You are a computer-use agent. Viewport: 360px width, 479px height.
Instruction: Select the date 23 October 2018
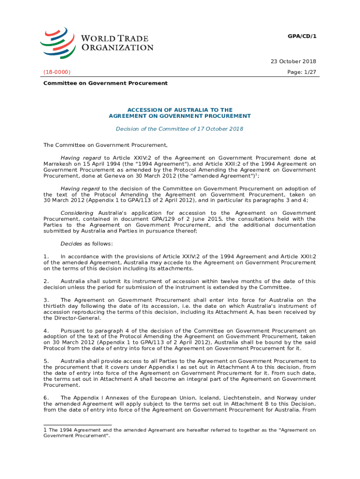[294, 61]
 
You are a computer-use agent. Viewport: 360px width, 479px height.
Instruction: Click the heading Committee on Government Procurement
[105, 83]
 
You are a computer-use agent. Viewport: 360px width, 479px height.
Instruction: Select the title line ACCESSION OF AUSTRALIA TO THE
[180, 110]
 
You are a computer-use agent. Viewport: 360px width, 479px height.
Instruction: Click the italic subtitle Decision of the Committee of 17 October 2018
[180, 129]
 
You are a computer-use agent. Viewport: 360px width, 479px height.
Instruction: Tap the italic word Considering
[77, 213]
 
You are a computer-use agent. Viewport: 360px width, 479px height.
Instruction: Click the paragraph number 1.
[46, 256]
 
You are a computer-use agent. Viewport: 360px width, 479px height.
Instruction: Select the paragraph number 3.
[46, 300]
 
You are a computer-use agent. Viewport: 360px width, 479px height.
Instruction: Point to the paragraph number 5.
[46, 361]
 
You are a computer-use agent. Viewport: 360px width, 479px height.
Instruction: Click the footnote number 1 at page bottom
[45, 429]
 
